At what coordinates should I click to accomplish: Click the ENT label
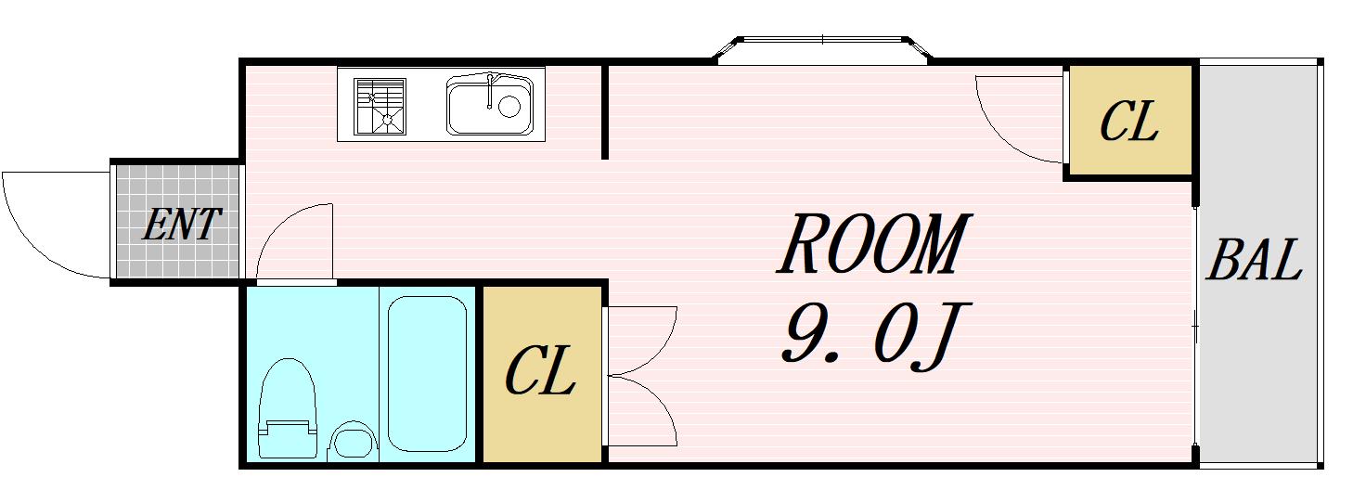[182, 225]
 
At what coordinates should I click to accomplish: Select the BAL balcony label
[1255, 260]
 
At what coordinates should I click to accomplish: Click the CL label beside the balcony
[1129, 122]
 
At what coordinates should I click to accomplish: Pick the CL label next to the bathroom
[539, 370]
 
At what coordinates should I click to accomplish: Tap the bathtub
[427, 374]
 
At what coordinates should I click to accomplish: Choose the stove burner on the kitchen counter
[380, 107]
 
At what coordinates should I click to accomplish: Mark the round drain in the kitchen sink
[509, 107]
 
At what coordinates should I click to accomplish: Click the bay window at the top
[823, 49]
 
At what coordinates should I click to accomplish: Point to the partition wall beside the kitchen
[605, 110]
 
